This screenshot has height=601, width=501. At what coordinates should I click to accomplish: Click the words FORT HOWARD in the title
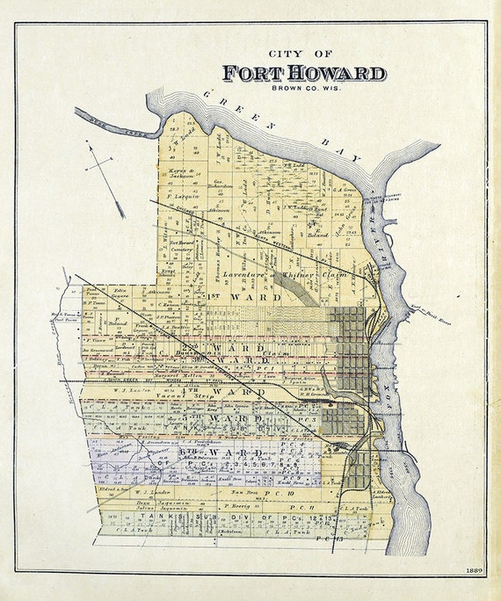303,73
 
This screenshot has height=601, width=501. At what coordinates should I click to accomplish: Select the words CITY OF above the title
304,52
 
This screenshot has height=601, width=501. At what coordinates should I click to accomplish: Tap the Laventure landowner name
243,276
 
